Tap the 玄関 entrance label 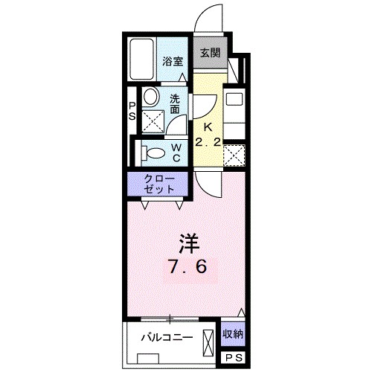[209, 54]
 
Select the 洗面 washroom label [174, 104]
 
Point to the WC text [178, 153]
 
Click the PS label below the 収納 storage [234, 358]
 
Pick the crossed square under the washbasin [152, 119]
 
